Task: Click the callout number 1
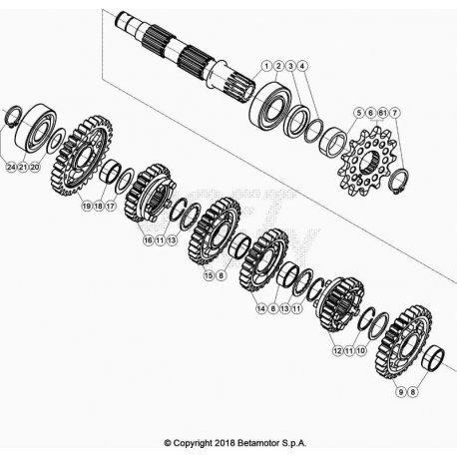(266, 66)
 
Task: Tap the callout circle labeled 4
(302, 66)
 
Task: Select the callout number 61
(383, 113)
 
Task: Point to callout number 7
(394, 113)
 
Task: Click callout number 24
(11, 167)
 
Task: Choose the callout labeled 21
(23, 167)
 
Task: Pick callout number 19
(87, 206)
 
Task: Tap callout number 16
(148, 239)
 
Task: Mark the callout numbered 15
(209, 275)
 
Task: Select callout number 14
(261, 308)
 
